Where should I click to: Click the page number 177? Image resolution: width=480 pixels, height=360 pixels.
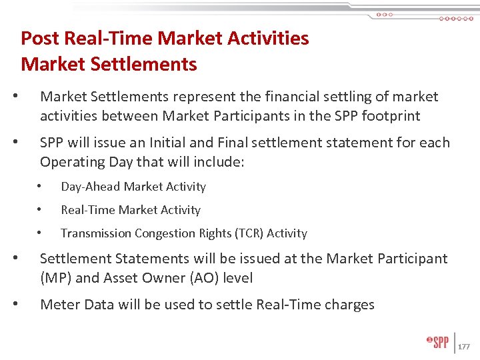tap(465, 347)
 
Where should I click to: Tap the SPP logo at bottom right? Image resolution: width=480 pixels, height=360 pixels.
tap(438, 343)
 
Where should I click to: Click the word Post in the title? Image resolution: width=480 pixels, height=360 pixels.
tap(36, 39)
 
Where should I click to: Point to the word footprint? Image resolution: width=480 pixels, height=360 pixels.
tap(387, 116)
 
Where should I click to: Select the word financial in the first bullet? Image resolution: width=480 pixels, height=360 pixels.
tap(285, 97)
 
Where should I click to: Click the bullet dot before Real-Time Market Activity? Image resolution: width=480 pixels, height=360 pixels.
tap(41, 210)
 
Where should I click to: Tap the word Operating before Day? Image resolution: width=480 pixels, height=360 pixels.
tap(71, 162)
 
